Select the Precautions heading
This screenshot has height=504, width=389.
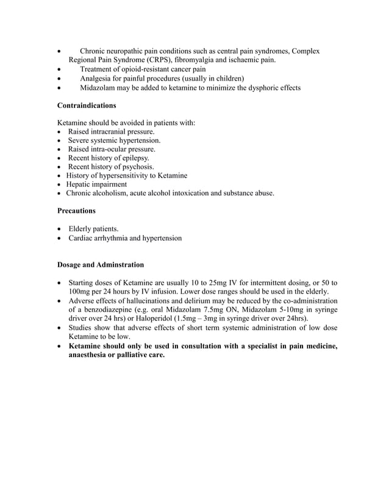(76, 211)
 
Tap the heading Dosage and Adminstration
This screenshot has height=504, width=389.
(101, 265)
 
